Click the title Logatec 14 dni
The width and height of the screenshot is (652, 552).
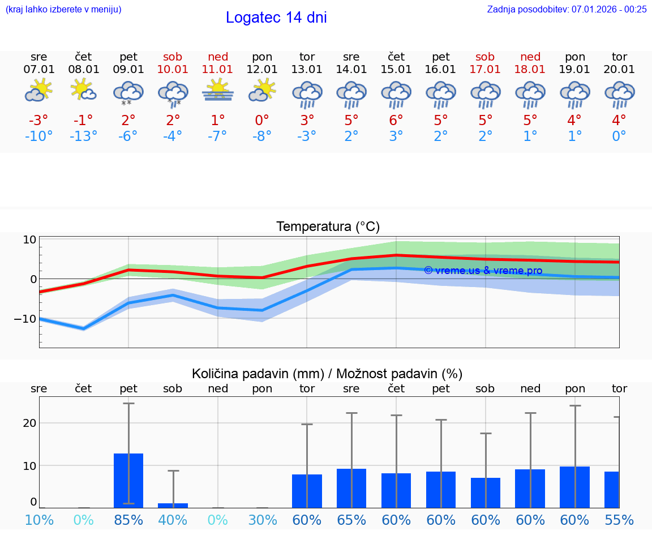click(276, 18)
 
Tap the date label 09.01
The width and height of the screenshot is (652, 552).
click(128, 70)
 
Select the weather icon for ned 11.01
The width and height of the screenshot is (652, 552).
click(218, 91)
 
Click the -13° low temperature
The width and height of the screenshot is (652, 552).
click(83, 136)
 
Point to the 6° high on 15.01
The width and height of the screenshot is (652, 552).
click(396, 120)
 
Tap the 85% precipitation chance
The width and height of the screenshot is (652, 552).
click(128, 520)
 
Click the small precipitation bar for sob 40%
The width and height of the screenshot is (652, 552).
click(173, 505)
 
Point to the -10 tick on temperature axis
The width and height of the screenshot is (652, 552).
click(23, 319)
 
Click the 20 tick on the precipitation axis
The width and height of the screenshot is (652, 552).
click(29, 423)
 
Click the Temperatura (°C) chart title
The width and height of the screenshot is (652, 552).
click(328, 227)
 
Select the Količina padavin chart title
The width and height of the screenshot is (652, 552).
click(327, 374)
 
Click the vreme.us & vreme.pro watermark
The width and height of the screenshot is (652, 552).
click(483, 271)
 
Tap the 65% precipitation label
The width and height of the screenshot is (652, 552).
click(351, 520)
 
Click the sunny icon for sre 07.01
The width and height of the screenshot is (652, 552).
click(38, 91)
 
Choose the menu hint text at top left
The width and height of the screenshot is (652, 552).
click(63, 9)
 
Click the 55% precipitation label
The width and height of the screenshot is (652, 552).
click(619, 520)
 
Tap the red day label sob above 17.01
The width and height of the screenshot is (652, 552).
click(485, 57)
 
